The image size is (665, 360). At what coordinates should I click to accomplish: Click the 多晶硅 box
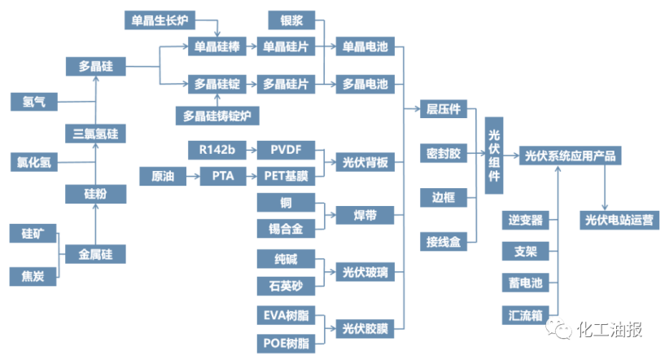(96, 66)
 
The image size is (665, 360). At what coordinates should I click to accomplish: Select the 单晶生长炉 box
(160, 20)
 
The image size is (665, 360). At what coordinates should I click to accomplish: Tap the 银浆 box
(291, 20)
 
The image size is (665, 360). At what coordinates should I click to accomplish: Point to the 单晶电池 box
(365, 46)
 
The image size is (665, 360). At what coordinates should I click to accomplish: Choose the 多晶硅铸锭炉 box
(217, 116)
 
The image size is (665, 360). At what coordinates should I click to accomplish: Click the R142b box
(217, 150)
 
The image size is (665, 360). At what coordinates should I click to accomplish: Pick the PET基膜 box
(286, 176)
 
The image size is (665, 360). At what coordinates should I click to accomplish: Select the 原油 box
(163, 176)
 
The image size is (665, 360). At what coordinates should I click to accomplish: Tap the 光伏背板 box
(365, 162)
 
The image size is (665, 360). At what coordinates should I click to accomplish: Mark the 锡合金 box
(286, 228)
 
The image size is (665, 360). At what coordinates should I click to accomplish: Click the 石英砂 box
(286, 286)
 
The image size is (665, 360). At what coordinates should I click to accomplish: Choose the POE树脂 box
(286, 343)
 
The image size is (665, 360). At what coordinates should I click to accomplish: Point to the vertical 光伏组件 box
(494, 156)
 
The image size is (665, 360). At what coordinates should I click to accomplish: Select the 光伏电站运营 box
(619, 221)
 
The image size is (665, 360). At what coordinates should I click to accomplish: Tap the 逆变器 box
(526, 221)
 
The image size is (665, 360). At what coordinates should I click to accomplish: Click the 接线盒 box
(444, 242)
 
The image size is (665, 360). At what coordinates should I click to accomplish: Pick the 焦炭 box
(33, 276)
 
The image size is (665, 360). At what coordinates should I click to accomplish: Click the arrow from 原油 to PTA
(193, 176)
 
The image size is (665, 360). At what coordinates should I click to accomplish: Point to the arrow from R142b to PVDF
(252, 150)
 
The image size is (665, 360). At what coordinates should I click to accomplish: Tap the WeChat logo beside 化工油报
(558, 328)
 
